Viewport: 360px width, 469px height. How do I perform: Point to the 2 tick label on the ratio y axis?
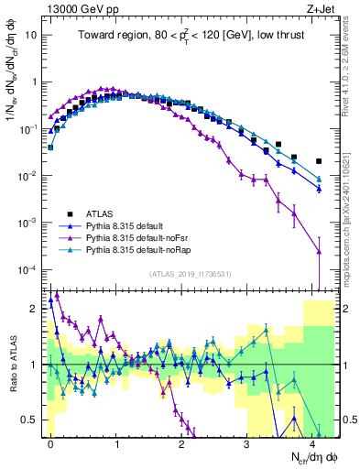(33, 309)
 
